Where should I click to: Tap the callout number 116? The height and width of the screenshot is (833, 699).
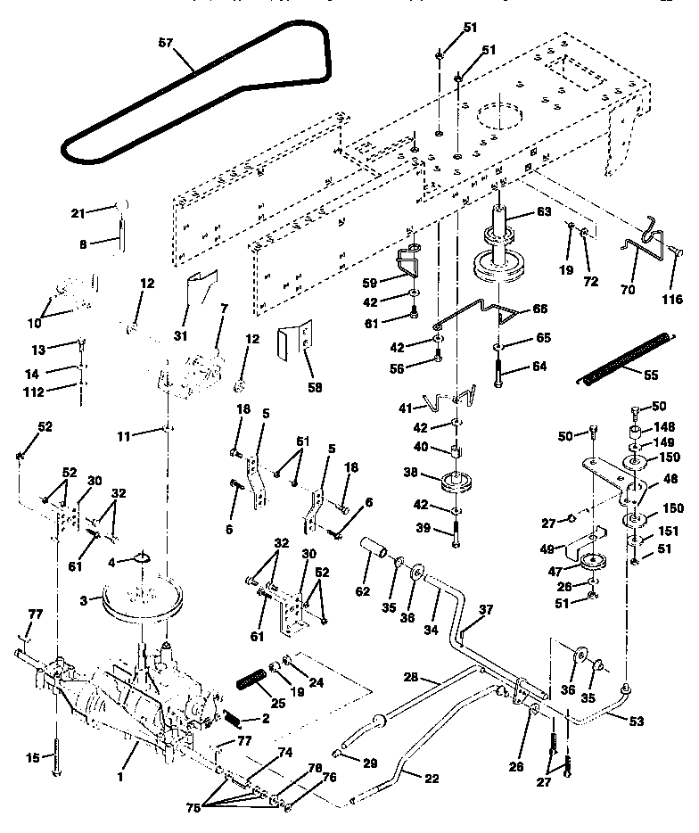tap(670, 299)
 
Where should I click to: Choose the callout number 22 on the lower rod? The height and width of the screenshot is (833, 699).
tap(432, 778)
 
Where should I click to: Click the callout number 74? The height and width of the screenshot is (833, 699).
tap(284, 753)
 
